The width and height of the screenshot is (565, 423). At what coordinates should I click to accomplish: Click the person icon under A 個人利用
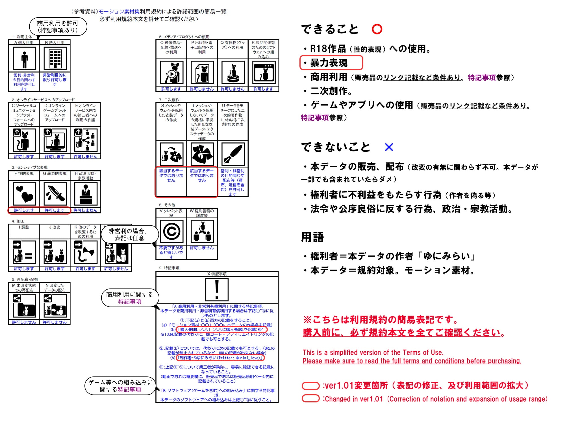pyautogui.click(x=25, y=58)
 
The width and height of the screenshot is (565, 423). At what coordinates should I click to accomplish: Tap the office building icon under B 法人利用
pyautogui.click(x=55, y=58)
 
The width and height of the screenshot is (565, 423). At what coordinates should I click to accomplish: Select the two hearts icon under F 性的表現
pyautogui.click(x=25, y=194)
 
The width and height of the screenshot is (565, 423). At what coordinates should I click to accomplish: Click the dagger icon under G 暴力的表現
pyautogui.click(x=55, y=194)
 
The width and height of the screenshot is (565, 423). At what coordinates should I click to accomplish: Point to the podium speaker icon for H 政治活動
pyautogui.click(x=86, y=194)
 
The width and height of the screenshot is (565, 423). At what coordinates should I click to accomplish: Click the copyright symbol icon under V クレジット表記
pyautogui.click(x=171, y=232)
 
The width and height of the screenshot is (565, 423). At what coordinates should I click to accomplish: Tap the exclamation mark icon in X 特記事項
pyautogui.click(x=217, y=290)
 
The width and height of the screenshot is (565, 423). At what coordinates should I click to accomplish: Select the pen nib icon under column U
pyautogui.click(x=233, y=154)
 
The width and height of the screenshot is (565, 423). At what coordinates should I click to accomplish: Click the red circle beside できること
pyautogui.click(x=377, y=29)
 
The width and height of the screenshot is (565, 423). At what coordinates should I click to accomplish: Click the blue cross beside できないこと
pyautogui.click(x=389, y=147)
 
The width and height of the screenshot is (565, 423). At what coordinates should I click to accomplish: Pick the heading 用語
pyautogui.click(x=312, y=237)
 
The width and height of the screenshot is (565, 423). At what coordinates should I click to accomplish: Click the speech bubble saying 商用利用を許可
pyautogui.click(x=58, y=27)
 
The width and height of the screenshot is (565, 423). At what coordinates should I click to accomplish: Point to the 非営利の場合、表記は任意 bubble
pyautogui.click(x=129, y=234)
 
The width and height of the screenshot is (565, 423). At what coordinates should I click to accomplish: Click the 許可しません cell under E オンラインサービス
pyautogui.click(x=85, y=157)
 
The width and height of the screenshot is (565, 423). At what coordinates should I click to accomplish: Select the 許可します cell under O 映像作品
pyautogui.click(x=171, y=89)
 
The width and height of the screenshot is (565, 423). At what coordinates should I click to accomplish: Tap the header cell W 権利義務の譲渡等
pyautogui.click(x=202, y=213)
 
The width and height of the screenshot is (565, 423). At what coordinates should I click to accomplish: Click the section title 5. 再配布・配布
pyautogui.click(x=25, y=279)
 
